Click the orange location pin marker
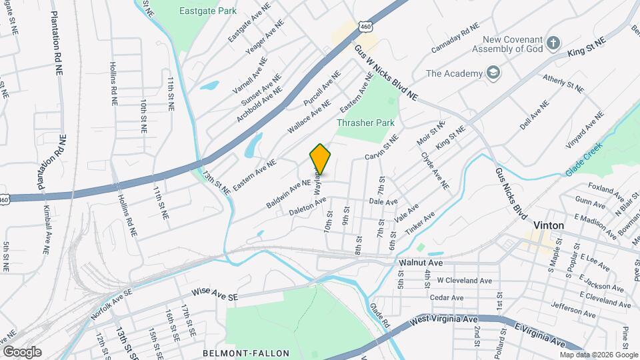321,159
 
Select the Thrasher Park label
365,123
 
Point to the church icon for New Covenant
553,43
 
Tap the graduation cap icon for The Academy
493,73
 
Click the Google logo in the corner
22,351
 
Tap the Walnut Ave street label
421,263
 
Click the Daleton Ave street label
307,206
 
